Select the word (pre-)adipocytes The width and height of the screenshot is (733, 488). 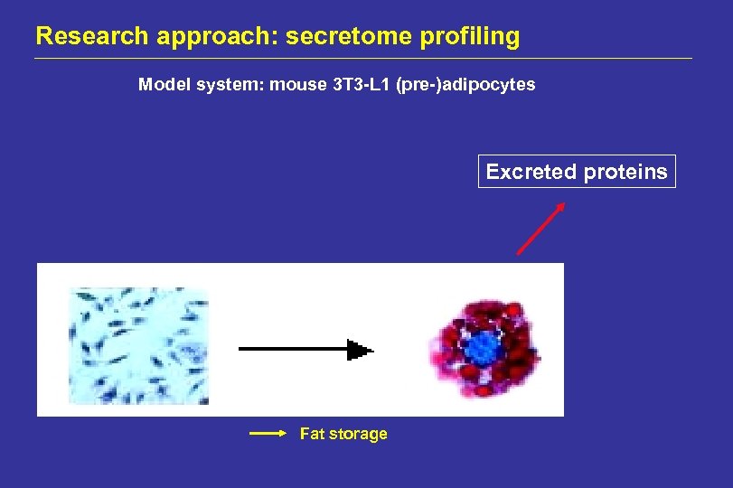(465, 85)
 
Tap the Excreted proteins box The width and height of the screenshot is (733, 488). (577, 172)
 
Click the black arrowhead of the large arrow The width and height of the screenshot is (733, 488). (361, 350)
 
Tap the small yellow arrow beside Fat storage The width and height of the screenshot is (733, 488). (268, 434)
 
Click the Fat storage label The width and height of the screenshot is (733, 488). (343, 434)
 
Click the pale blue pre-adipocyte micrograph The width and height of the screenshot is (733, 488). (138, 346)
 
